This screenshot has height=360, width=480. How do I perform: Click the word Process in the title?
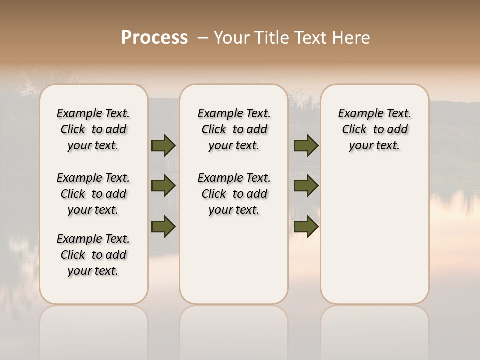(154, 38)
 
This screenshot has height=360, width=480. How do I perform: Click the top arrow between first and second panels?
(163, 145)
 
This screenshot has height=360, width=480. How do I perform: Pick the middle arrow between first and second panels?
(163, 186)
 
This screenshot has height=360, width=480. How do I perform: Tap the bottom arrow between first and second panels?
(163, 226)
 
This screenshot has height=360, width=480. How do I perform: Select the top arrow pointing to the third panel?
(306, 145)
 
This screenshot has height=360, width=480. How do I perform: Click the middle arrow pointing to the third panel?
(306, 186)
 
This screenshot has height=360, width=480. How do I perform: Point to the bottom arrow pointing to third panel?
(306, 226)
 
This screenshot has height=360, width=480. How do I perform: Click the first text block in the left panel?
(93, 129)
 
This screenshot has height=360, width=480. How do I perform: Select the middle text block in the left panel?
(93, 194)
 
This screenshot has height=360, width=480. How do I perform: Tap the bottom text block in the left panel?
(93, 255)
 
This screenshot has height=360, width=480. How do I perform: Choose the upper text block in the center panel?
(234, 129)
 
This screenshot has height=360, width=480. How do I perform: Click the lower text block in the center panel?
(234, 194)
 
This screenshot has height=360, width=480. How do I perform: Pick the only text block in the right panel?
(374, 129)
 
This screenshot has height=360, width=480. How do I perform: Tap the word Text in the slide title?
(311, 38)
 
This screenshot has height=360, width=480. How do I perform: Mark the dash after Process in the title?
(203, 38)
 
